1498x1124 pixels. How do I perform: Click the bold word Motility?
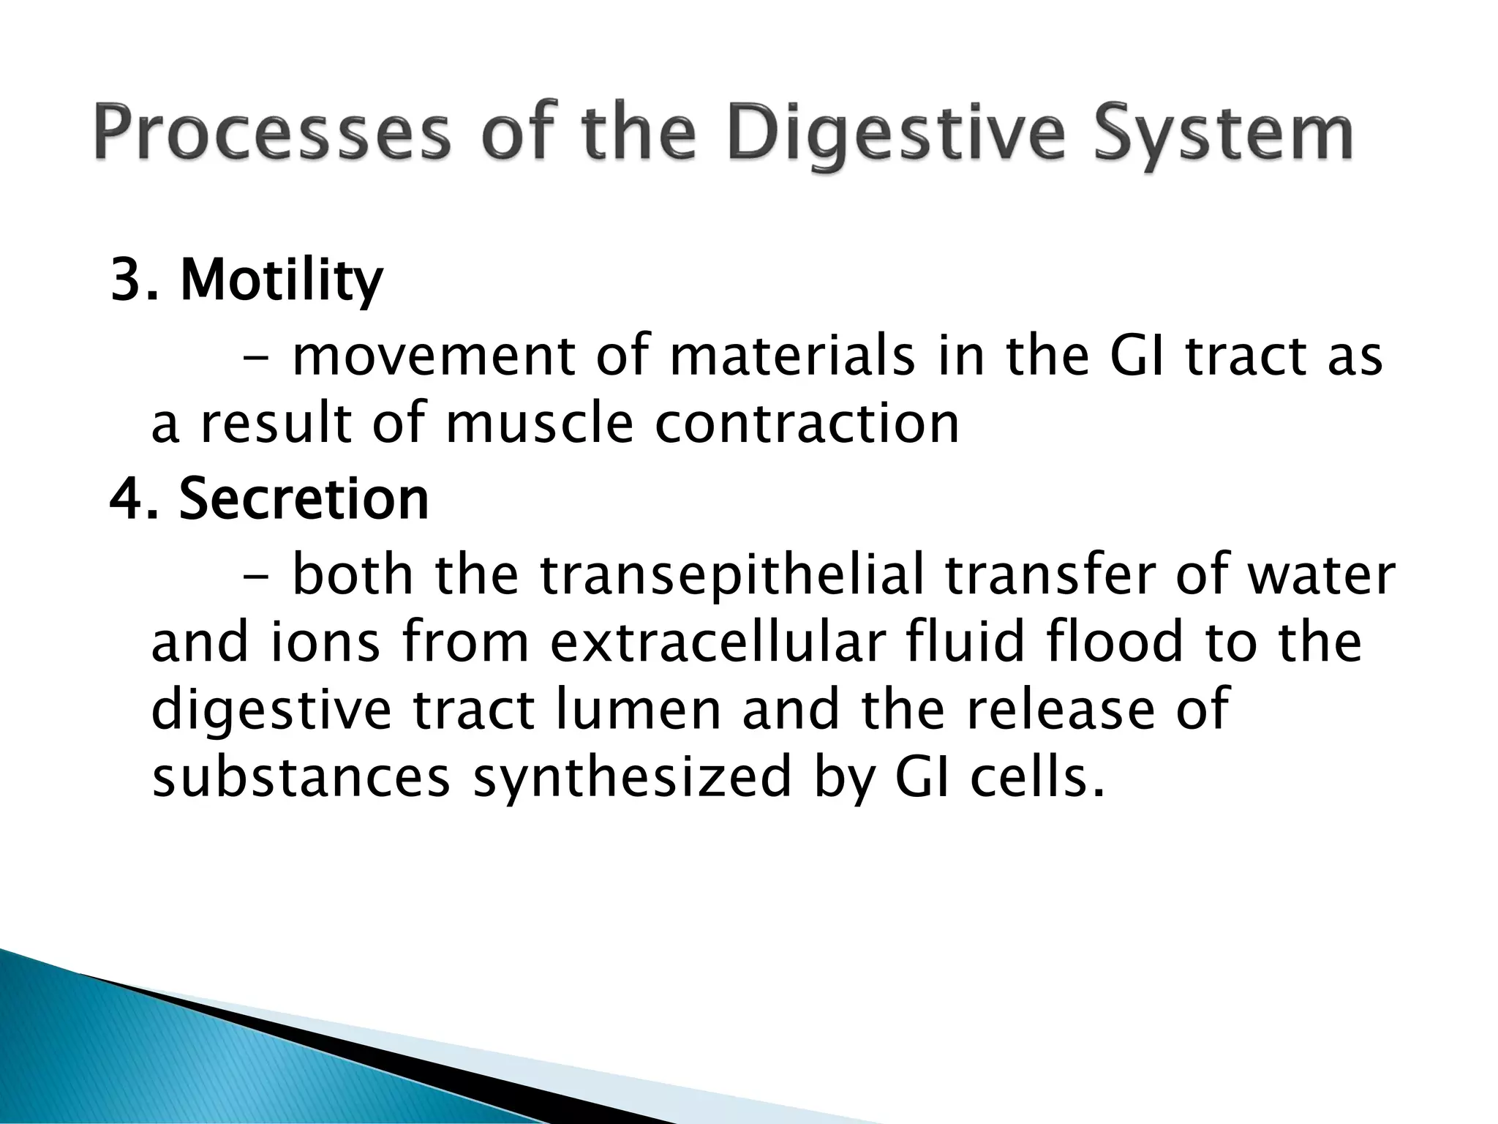coord(282,281)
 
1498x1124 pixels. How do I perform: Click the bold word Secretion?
coord(304,499)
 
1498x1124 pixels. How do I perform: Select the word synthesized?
coord(633,778)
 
